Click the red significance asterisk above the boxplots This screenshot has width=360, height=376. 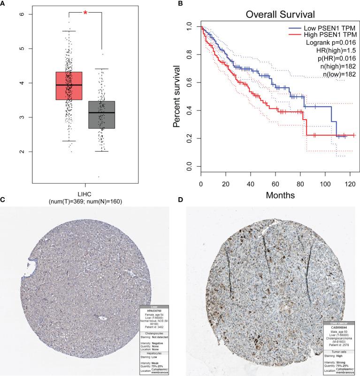[x=85, y=13]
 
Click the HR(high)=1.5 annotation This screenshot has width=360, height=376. [x=334, y=51]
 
